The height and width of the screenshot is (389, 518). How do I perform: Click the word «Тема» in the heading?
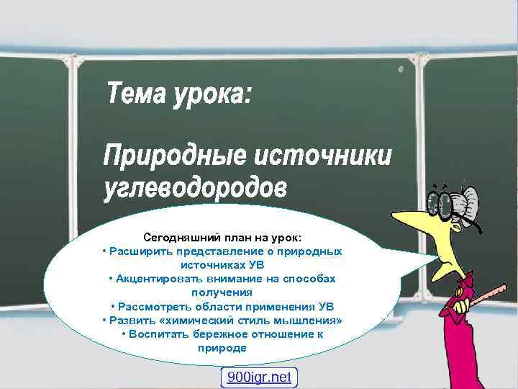coord(135,93)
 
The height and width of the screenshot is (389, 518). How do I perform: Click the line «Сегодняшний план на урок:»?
coord(222,237)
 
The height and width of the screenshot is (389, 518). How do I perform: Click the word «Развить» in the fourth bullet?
coord(129,320)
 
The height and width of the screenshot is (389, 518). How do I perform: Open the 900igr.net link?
coord(258,377)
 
